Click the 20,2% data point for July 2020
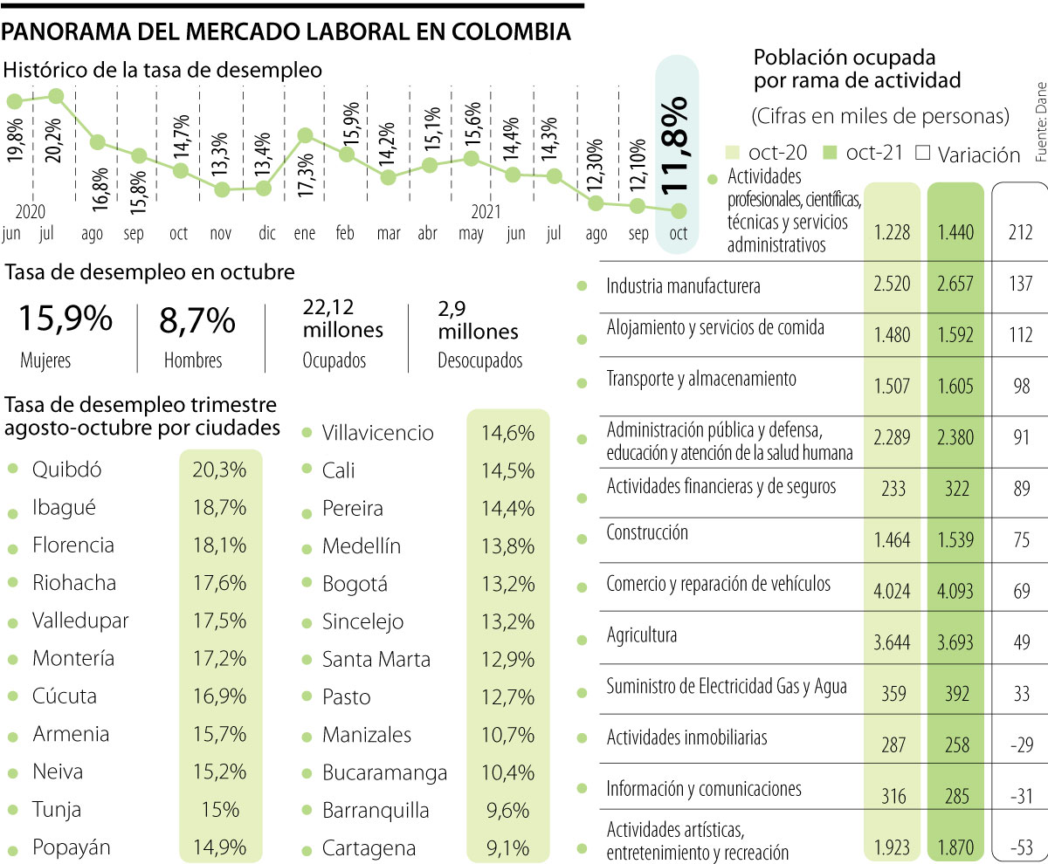(56, 96)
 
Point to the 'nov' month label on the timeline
(221, 257)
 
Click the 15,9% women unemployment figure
(65, 319)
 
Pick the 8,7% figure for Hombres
(197, 320)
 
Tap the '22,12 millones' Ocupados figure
(342, 319)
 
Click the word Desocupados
(479, 360)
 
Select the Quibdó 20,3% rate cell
(219, 470)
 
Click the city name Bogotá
(355, 584)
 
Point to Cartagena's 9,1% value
(507, 848)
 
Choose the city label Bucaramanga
(384, 773)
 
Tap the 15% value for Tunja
(219, 810)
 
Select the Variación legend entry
(969, 154)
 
